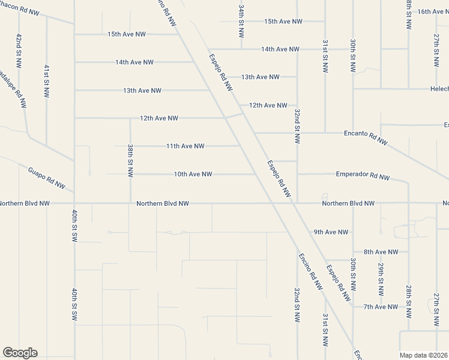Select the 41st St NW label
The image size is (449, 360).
click(x=46, y=81)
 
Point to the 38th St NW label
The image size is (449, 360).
click(x=130, y=160)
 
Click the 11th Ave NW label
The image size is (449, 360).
click(x=185, y=146)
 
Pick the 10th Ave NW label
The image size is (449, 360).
click(x=193, y=174)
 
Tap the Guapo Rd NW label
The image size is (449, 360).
click(x=46, y=178)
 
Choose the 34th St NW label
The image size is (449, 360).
click(x=241, y=22)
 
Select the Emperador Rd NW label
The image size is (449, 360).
click(x=363, y=176)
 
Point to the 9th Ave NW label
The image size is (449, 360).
click(x=331, y=232)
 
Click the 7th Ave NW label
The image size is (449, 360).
click(x=381, y=307)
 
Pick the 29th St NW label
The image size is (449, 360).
click(x=381, y=279)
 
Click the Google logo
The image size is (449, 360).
click(x=20, y=353)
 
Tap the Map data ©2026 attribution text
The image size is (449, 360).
click(x=423, y=355)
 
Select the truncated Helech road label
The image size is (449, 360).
click(x=439, y=89)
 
